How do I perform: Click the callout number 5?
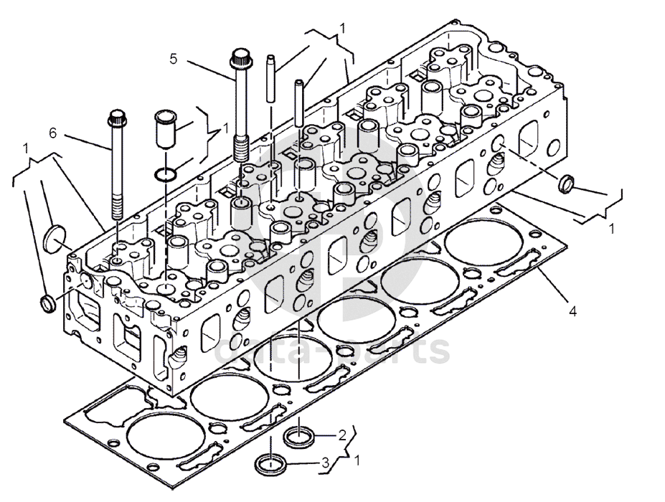pyautogui.click(x=173, y=58)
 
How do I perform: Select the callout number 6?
pyautogui.click(x=52, y=133)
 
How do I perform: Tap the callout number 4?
pyautogui.click(x=572, y=311)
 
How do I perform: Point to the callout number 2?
pyautogui.click(x=342, y=435)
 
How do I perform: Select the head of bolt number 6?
pyautogui.click(x=116, y=117)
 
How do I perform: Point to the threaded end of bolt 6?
pyautogui.click(x=116, y=208)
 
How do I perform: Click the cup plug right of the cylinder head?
pyautogui.click(x=566, y=184)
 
